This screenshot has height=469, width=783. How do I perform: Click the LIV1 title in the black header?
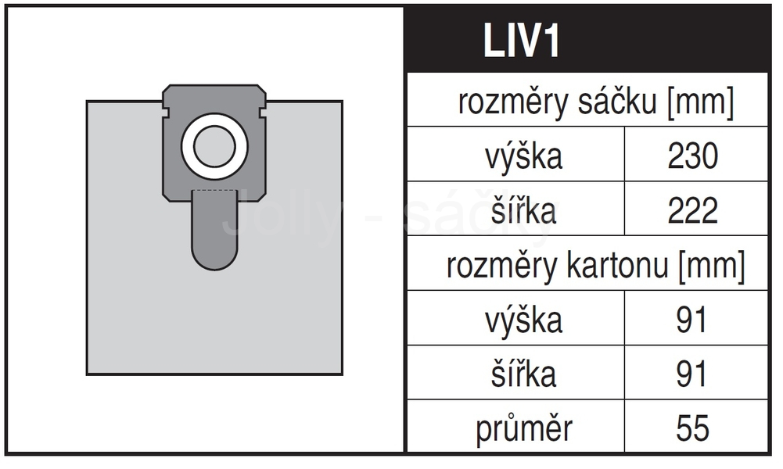point(521,41)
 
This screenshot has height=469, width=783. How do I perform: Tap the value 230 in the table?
point(693,156)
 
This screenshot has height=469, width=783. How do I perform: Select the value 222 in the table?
point(693,210)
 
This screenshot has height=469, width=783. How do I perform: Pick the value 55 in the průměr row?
point(692,428)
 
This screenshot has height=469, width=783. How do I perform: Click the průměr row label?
point(524,429)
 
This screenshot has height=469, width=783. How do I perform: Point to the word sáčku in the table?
point(617,102)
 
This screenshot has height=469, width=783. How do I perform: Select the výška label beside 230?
point(524,156)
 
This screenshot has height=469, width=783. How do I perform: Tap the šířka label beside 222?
point(524,210)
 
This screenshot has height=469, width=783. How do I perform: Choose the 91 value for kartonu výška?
point(691,320)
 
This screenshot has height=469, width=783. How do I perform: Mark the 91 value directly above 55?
point(691,374)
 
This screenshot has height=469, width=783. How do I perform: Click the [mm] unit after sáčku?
point(701,102)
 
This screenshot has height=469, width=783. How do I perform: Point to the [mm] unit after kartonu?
point(712,266)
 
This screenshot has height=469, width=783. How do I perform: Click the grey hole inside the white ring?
point(214,147)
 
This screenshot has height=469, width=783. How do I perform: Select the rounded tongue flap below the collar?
point(215,230)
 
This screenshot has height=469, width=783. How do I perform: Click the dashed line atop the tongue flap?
point(215,190)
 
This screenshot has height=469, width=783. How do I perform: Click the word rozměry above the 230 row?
point(515,102)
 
